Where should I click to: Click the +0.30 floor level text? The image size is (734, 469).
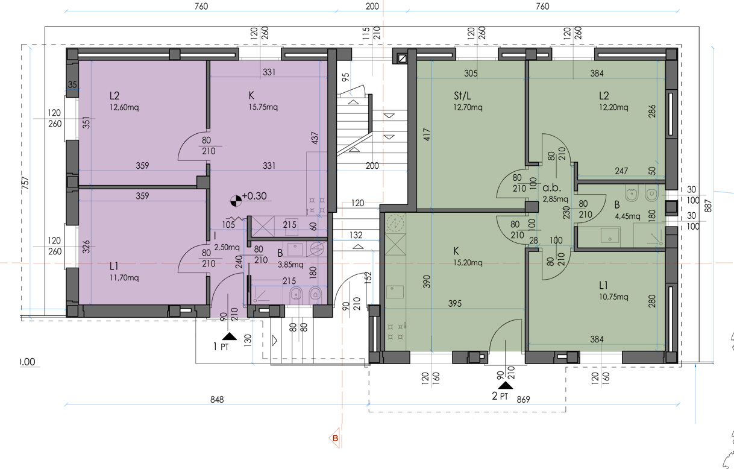[x=254, y=196]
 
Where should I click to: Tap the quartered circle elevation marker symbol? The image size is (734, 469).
[x=236, y=201]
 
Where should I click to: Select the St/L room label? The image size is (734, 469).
[x=462, y=96]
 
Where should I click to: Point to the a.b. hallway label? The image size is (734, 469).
[x=552, y=188]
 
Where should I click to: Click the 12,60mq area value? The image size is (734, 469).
[x=124, y=107]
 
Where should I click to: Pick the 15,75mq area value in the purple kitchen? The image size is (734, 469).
[x=263, y=107]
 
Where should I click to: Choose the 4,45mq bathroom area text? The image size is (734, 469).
[x=627, y=216]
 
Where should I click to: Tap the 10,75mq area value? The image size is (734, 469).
[x=613, y=297]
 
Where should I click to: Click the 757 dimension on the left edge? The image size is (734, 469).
[x=25, y=183]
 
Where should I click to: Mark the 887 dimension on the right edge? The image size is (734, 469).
[x=708, y=206]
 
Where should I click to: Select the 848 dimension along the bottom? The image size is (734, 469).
[x=217, y=400]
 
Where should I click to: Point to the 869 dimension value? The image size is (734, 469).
[x=523, y=400]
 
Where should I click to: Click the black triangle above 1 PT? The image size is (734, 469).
[x=230, y=336]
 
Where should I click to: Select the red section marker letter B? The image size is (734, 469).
[x=335, y=438]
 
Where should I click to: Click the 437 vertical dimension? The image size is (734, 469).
[x=315, y=138]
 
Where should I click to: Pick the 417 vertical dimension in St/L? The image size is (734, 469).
[x=427, y=134]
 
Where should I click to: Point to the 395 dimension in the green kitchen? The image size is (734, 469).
[x=455, y=303]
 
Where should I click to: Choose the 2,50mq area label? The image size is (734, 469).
[x=227, y=247]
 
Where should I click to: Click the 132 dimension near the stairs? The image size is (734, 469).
[x=356, y=235]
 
